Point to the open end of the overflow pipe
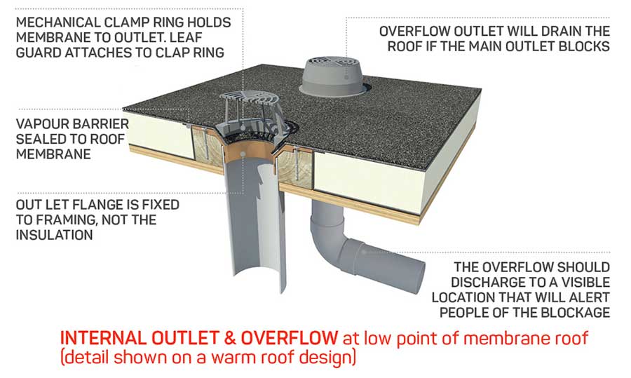[423, 267]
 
